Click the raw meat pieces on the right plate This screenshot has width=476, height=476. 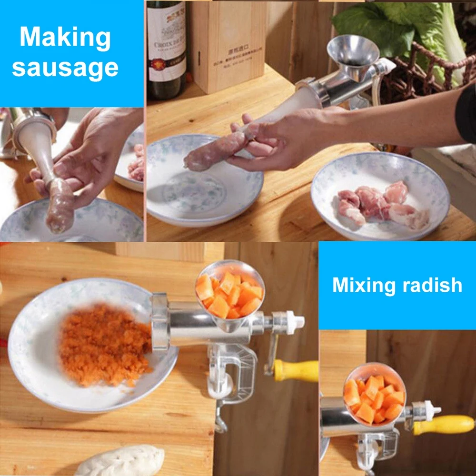click(381, 202)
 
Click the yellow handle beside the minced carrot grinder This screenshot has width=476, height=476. click(297, 370)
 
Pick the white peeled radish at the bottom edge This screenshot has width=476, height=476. click(119, 462)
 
